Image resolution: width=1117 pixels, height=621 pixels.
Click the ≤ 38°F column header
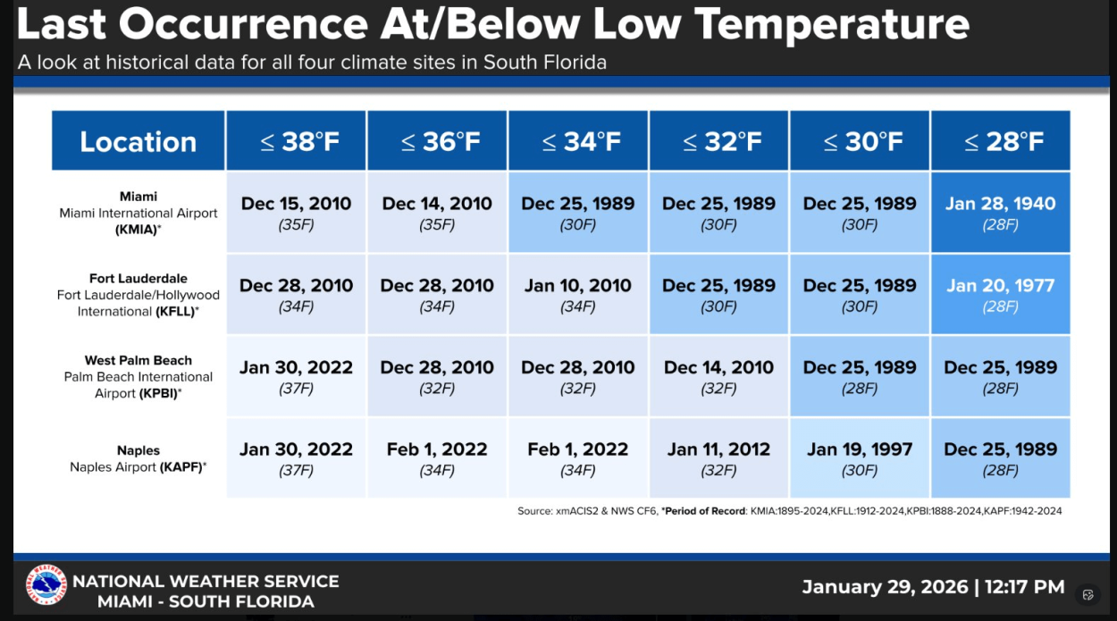click(x=296, y=141)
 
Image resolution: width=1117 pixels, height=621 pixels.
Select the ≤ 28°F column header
click(x=1000, y=141)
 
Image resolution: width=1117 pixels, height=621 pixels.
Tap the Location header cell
click(x=139, y=141)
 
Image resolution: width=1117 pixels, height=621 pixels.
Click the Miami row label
click(x=139, y=213)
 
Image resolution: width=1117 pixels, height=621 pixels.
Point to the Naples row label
click(x=139, y=458)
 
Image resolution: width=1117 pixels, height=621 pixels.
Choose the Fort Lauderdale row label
click(x=139, y=295)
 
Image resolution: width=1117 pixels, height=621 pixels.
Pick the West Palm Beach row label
click(x=139, y=376)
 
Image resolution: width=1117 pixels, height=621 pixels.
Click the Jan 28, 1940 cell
click(x=1000, y=213)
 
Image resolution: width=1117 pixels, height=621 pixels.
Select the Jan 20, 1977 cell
click(x=1000, y=295)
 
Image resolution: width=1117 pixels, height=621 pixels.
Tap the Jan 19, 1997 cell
click(x=860, y=458)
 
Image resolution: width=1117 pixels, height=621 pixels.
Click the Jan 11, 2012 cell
click(x=718, y=458)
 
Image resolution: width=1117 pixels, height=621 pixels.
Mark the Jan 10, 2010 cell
click(x=578, y=295)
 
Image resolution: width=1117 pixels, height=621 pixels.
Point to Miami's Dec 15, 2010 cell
click(x=296, y=213)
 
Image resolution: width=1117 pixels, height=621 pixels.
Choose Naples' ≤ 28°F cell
click(x=1000, y=458)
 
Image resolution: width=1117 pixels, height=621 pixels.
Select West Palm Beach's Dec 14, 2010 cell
click(x=718, y=376)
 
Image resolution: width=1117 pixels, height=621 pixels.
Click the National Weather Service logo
click(x=46, y=585)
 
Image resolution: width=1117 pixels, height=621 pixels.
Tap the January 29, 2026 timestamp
click(x=933, y=587)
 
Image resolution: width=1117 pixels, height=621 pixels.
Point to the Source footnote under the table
click(x=789, y=511)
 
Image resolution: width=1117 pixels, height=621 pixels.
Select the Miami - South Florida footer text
click(x=206, y=601)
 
